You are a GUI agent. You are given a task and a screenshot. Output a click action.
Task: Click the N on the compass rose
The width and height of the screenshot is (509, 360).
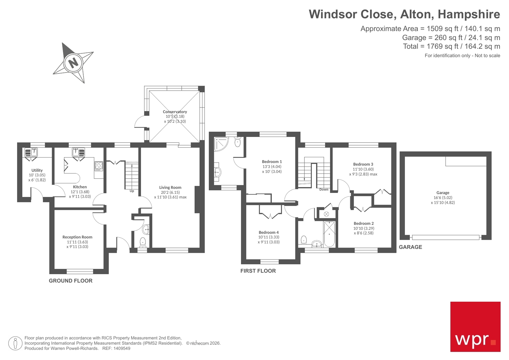74,62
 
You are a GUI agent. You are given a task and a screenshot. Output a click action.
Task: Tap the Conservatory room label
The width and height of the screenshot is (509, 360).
175,112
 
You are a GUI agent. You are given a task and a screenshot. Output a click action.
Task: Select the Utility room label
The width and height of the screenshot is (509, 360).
37,170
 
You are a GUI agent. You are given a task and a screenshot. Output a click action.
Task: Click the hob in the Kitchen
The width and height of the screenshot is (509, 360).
99,166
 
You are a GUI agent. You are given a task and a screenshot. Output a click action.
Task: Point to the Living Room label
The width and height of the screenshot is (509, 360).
170,187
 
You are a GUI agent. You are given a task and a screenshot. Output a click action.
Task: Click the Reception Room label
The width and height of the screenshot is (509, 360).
77,237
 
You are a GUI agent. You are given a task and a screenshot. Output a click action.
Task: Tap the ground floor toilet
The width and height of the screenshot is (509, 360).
143,242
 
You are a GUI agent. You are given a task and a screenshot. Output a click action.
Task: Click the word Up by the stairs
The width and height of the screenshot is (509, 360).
132,191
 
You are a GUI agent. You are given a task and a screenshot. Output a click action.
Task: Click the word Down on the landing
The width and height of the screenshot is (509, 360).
324,189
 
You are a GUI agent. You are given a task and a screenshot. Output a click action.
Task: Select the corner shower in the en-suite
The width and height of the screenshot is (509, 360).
221,144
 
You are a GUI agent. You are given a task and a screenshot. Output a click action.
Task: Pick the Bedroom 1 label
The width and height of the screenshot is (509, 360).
272,162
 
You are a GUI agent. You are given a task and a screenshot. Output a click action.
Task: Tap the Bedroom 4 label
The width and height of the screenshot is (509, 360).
269,232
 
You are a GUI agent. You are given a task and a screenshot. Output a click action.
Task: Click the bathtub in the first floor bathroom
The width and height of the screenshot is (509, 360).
329,234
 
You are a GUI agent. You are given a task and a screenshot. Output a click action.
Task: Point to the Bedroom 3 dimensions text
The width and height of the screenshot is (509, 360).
363,172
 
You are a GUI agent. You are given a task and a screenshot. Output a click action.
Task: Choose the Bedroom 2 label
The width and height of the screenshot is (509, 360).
364,223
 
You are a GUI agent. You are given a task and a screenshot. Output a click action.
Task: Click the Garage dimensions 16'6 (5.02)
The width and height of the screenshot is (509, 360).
443,198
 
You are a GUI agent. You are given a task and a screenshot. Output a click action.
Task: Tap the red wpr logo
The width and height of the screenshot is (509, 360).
475,327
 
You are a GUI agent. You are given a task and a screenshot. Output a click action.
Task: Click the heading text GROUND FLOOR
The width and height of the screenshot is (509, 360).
71,281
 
